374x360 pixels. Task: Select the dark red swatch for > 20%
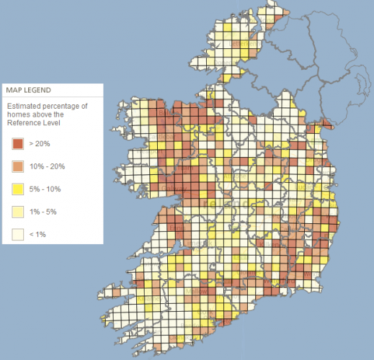pyautogui.click(x=17, y=143)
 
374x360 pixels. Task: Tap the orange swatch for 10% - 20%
pyautogui.click(x=17, y=166)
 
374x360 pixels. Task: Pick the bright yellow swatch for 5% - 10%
pyautogui.click(x=17, y=189)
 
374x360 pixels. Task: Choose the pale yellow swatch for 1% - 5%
pyautogui.click(x=17, y=212)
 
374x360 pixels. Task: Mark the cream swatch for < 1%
pyautogui.click(x=17, y=235)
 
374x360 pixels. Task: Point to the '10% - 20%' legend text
pyautogui.click(x=47, y=166)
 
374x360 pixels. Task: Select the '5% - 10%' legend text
pyautogui.click(x=45, y=189)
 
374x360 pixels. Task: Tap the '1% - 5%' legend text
pyautogui.click(x=43, y=212)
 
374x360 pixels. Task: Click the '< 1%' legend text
pyautogui.click(x=37, y=235)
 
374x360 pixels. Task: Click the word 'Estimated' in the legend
pyautogui.click(x=25, y=106)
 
